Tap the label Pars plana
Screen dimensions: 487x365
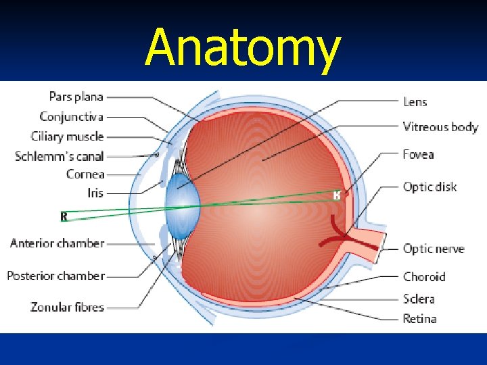coord(76,97)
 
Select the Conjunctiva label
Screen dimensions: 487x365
coord(71,117)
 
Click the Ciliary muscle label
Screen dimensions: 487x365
coord(67,137)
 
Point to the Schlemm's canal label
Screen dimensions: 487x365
coord(60,156)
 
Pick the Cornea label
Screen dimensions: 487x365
coord(85,174)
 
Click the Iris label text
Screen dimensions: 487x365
coord(95,193)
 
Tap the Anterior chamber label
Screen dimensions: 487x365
coord(57,243)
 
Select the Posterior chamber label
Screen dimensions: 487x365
coord(55,276)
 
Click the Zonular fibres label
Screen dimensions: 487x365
coord(67,307)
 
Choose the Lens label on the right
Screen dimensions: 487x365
coord(415,102)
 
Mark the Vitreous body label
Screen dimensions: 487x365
coord(440,127)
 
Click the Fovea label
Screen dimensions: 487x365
coord(418,155)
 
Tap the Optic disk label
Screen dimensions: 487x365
coord(430,187)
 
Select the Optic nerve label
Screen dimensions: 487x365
coord(434,249)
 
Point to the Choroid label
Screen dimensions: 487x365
coord(424,276)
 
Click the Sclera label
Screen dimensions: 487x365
coord(419,299)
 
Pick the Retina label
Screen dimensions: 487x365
coord(420,318)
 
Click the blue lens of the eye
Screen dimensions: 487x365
coord(181,206)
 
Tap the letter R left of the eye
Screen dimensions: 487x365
coord(64,216)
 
